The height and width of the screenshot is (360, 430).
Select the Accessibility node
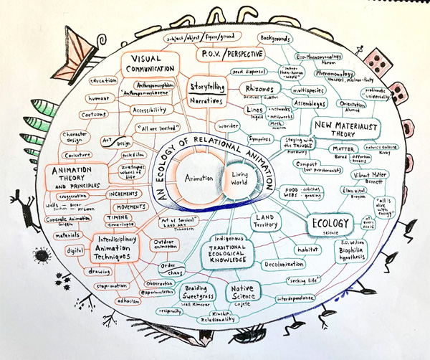(152, 110)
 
